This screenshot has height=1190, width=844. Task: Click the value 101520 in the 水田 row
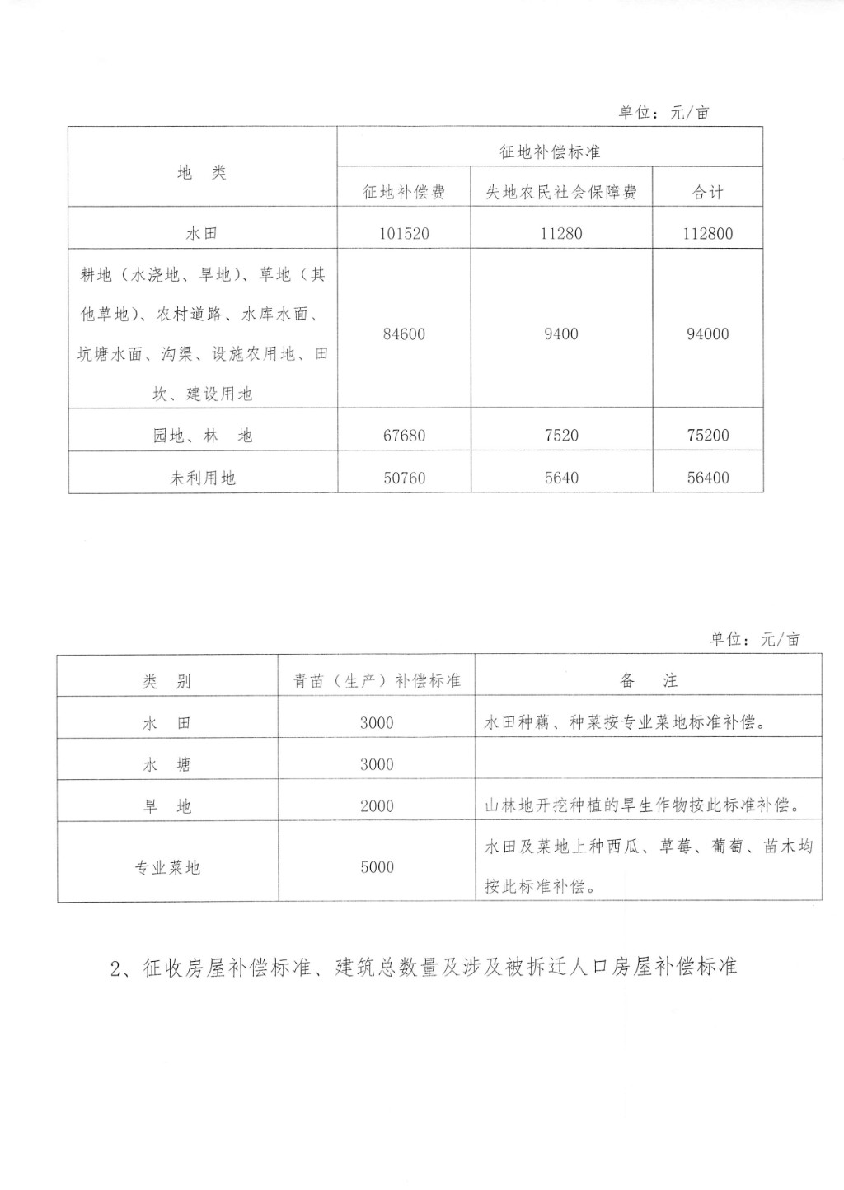[x=404, y=233]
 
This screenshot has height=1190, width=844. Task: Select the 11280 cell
[x=561, y=233]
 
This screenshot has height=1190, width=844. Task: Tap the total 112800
[x=707, y=233]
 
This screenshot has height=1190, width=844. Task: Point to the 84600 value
[x=404, y=334]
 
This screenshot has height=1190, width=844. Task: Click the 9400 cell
[x=561, y=334]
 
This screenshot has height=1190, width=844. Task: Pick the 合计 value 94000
[x=707, y=334]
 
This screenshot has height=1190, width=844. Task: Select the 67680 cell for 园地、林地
[x=404, y=435]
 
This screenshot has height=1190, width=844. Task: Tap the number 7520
[x=561, y=435]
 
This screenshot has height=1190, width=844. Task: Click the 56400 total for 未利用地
[x=707, y=477]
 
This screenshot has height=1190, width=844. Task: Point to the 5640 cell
[x=561, y=477]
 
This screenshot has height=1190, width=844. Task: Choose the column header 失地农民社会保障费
[x=561, y=192]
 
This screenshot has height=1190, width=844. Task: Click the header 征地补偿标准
[x=550, y=152]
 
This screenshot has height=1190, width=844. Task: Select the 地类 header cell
[x=202, y=172]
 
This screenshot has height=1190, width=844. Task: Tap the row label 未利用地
[x=202, y=477]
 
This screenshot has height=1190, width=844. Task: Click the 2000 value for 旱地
[x=377, y=806]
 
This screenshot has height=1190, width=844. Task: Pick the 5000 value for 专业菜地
[x=377, y=867]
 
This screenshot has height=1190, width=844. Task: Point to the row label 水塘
[x=167, y=764]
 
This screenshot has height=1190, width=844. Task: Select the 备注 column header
[x=648, y=680]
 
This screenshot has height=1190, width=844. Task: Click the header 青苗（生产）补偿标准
[x=377, y=680]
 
